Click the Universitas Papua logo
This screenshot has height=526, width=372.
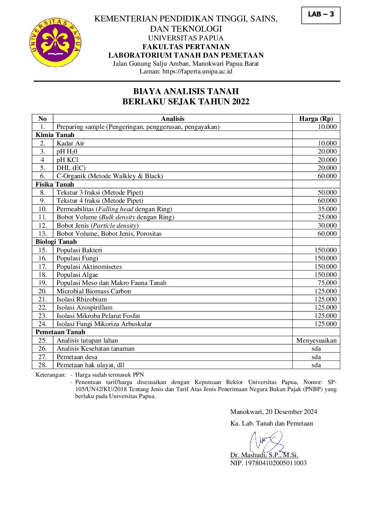click(56, 43)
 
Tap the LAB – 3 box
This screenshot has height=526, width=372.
click(321, 15)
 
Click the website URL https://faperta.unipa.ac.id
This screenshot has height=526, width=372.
click(197, 71)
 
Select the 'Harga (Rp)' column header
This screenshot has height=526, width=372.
click(316, 119)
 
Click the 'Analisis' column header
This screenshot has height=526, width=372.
click(173, 119)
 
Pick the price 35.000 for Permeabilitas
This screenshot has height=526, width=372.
click(327, 209)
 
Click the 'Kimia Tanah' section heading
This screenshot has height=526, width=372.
click(55, 135)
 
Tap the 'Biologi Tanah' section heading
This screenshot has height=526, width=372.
click(56, 242)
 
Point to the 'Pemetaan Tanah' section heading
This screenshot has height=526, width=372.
click(60, 332)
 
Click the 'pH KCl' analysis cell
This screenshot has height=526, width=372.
click(68, 160)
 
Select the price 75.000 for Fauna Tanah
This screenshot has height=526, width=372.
click(327, 283)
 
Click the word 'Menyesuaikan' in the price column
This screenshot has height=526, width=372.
click(316, 340)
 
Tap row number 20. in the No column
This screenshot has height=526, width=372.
click(43, 291)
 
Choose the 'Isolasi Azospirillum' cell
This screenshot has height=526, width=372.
click(84, 307)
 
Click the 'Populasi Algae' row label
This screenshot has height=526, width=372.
click(77, 275)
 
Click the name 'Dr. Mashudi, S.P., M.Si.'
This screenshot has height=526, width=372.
click(264, 455)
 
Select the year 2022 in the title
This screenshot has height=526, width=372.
click(240, 102)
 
